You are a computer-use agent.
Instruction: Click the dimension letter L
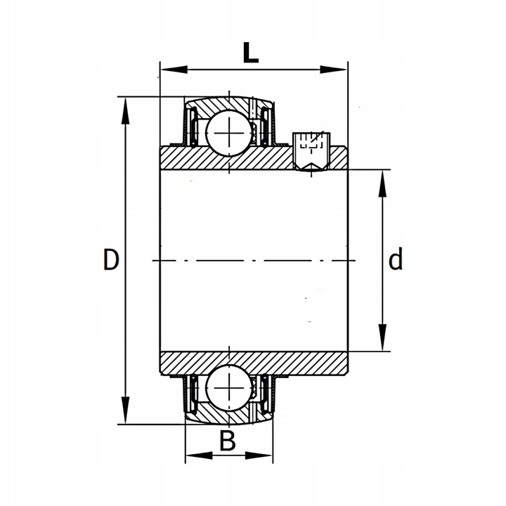[x=251, y=53]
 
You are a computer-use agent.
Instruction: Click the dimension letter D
[x=111, y=259]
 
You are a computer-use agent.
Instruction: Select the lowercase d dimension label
[x=395, y=259]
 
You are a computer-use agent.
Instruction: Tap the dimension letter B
[x=228, y=441]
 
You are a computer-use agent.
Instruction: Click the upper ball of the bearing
[x=229, y=133]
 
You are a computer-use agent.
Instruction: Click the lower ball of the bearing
[x=229, y=387]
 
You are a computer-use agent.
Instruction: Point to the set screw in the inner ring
[x=311, y=151]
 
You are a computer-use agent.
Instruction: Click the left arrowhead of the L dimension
[x=174, y=70]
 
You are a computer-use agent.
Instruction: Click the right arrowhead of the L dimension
[x=333, y=70]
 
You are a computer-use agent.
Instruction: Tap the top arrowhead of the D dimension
[x=125, y=111]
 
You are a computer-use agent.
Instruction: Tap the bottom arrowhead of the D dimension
[x=125, y=410]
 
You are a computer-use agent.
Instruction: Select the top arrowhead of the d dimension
[x=382, y=183]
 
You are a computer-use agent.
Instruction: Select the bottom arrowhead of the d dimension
[x=382, y=337]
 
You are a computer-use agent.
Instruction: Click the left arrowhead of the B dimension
[x=200, y=455]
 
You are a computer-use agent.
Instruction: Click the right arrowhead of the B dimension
[x=259, y=455]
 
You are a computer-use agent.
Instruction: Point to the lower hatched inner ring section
[x=254, y=363]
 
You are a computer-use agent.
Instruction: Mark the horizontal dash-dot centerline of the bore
[x=254, y=260]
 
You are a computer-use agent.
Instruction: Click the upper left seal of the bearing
[x=193, y=126]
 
